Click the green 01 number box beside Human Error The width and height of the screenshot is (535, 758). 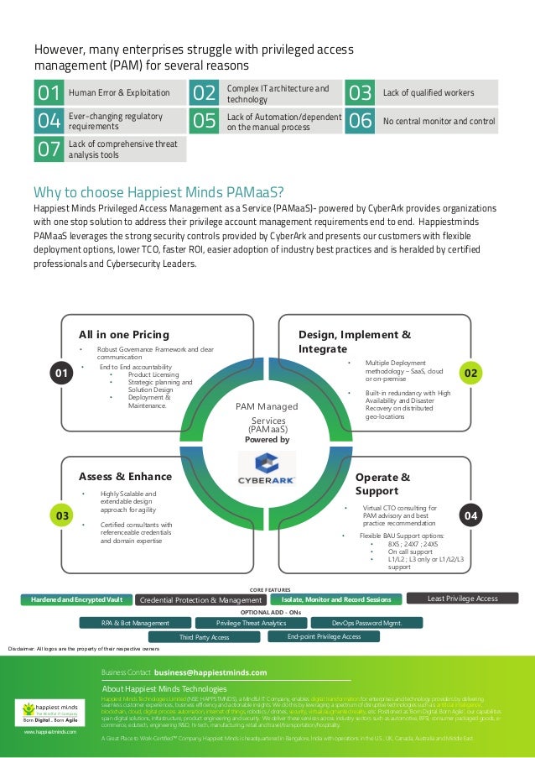(48, 92)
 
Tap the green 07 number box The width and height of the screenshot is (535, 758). (48, 149)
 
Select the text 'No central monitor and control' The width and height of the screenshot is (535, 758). (439, 122)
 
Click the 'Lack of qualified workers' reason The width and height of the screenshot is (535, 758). (428, 92)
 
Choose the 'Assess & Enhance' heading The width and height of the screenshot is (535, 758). (125, 477)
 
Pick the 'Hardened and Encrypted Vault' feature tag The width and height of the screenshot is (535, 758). (76, 599)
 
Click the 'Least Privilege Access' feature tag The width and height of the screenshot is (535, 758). (462, 599)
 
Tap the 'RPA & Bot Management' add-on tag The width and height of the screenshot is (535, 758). (135, 623)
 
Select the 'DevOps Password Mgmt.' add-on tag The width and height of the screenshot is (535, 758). (367, 623)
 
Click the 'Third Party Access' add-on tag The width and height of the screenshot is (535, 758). (204, 637)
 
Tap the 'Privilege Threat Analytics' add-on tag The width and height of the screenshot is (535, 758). (251, 623)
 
